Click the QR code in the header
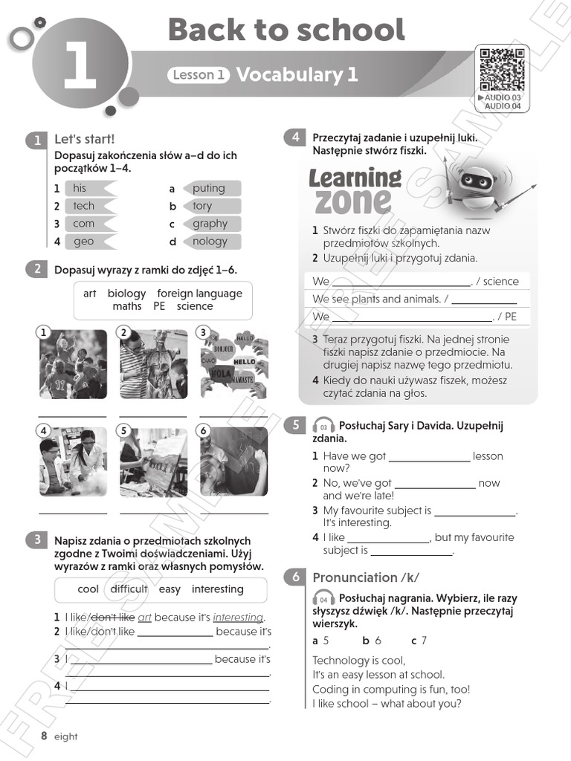point(502,68)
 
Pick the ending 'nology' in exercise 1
point(211,242)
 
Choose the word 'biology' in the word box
point(126,294)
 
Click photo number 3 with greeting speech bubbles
point(233,363)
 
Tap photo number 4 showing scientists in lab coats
point(72,462)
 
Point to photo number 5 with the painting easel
point(153,462)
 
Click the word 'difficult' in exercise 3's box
point(129,589)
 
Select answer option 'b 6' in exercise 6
point(372,641)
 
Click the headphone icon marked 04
point(323,599)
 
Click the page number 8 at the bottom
point(45,736)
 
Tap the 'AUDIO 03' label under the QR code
point(503,97)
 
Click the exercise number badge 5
point(295,425)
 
